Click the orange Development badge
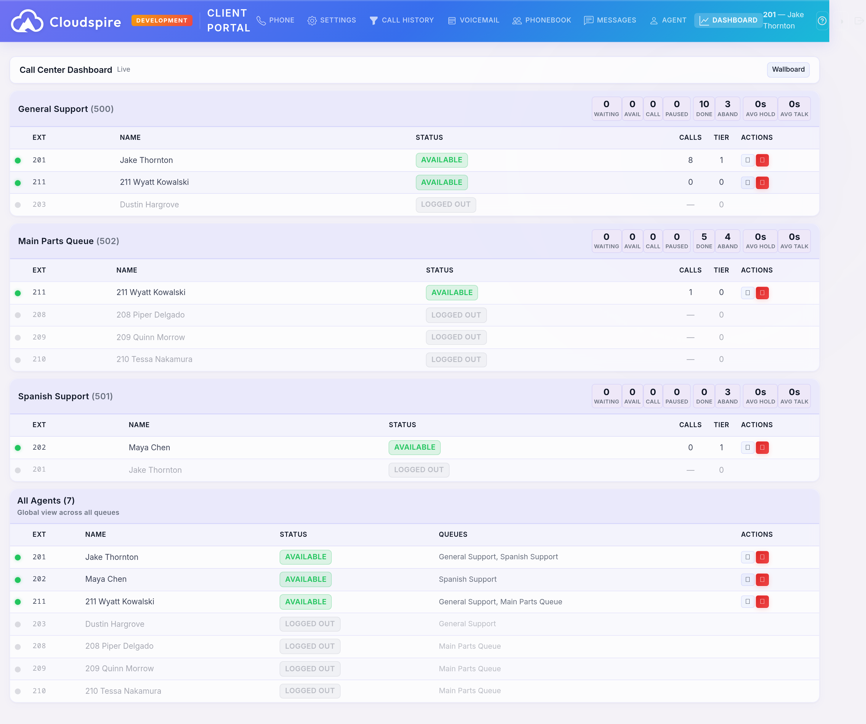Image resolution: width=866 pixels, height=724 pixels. (162, 20)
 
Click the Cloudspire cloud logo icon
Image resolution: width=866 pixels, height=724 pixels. (27, 21)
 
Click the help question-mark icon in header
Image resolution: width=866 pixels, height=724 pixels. (822, 21)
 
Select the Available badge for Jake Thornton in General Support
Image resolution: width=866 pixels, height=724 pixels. (441, 160)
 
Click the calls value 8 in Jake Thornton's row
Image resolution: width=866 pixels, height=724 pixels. (690, 160)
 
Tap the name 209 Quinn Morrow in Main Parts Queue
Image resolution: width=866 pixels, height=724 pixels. (150, 337)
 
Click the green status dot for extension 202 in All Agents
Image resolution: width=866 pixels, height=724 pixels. (18, 580)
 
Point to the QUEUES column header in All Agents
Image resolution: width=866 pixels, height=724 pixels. (453, 534)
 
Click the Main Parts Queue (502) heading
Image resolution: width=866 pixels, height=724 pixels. (68, 241)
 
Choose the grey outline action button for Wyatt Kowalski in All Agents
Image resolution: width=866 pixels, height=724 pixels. (747, 601)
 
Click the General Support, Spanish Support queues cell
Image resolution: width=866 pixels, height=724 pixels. (498, 557)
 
